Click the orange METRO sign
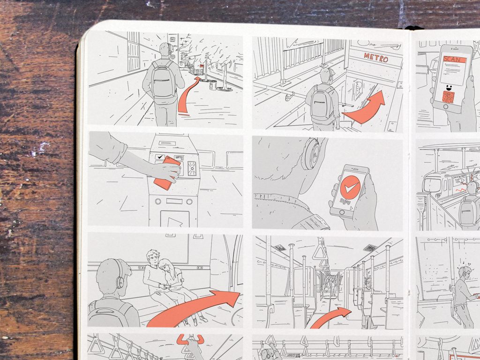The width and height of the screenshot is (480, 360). click(x=375, y=59)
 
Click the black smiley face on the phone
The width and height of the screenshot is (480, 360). click(x=449, y=87)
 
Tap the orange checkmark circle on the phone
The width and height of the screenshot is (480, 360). click(x=350, y=187)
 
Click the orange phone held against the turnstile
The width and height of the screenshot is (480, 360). click(x=167, y=172)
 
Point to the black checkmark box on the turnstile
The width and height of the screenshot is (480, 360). click(x=161, y=157)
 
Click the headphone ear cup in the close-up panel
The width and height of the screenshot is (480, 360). click(x=311, y=155)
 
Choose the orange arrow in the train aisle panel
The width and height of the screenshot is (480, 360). click(x=331, y=317)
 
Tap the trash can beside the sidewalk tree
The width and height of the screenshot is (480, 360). click(x=213, y=85)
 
